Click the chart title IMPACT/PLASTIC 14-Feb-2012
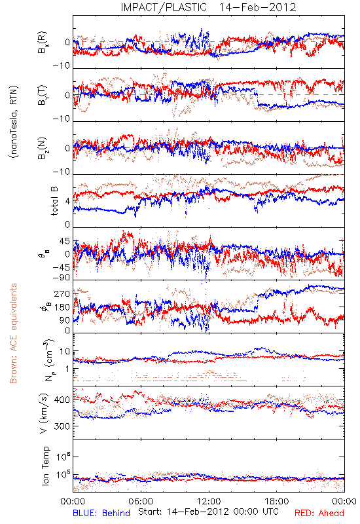[x=208, y=7]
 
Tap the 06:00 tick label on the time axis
[x=141, y=501]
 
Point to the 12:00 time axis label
[x=209, y=501]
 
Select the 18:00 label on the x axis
[x=277, y=501]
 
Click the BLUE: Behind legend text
[x=101, y=513]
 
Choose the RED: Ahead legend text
[x=319, y=513]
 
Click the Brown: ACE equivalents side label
[x=13, y=333]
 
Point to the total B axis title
[x=54, y=201]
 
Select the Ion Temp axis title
[x=45, y=466]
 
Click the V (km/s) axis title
[x=44, y=413]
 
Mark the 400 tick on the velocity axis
[x=62, y=400]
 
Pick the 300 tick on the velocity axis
[x=62, y=426]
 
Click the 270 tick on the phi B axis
[x=62, y=293]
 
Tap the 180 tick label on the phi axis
[x=62, y=307]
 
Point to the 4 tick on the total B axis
[x=67, y=202]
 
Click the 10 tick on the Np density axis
[x=65, y=352]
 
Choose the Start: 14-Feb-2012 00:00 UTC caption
[x=208, y=512]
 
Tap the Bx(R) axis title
[x=43, y=43]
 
